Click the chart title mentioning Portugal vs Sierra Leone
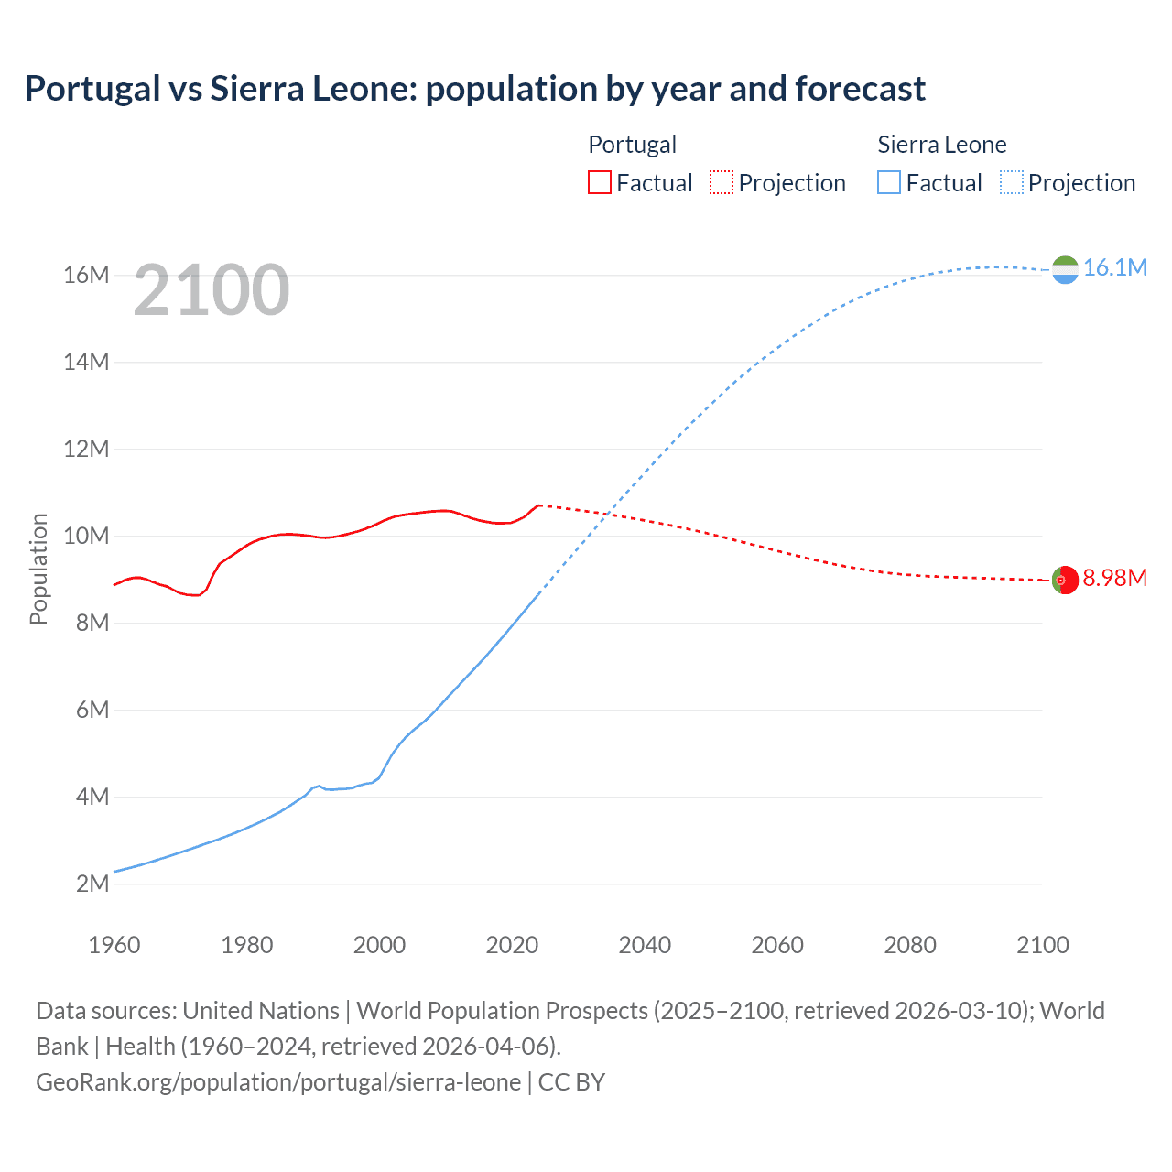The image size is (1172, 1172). coord(474,89)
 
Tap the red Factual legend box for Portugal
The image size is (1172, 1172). coord(599,182)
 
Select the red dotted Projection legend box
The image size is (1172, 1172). coord(722,182)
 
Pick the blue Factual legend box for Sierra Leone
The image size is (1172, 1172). coord(888,182)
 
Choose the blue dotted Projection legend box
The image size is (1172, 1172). coord(1012,182)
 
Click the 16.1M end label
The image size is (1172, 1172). coord(1114,267)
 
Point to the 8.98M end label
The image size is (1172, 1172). coord(1114,578)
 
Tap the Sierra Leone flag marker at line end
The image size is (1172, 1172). coord(1065,270)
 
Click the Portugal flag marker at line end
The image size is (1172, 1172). coord(1065,581)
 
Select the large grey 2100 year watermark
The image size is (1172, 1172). coord(212,290)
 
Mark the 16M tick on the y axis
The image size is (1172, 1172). coord(86,275)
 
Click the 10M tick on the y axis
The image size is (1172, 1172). coord(86,536)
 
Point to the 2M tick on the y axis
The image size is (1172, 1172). coord(92,884)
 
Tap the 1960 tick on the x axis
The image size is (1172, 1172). coord(114,945)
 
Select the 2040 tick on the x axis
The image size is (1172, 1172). coord(645,945)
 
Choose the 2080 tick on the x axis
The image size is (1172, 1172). coord(910,945)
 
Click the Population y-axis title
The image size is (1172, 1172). coord(38,569)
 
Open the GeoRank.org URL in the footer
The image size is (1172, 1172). coord(278,1082)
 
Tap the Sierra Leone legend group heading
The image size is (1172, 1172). coord(941,145)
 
